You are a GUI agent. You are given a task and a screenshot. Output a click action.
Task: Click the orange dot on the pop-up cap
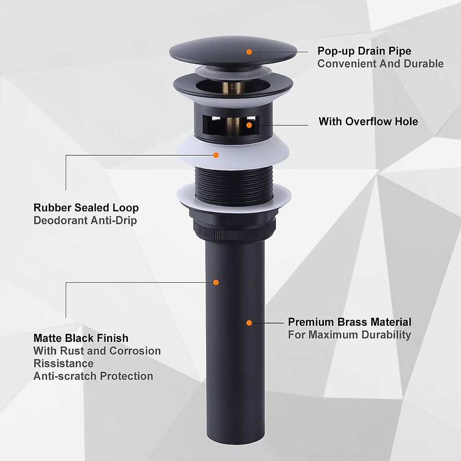coord(249,51)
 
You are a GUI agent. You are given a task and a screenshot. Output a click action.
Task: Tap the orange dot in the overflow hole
coord(249,125)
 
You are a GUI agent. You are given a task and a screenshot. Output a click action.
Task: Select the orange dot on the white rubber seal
coord(216,155)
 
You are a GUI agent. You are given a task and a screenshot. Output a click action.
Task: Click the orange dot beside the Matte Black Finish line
coord(216,282)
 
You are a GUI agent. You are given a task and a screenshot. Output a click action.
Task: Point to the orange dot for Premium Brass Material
coord(249,323)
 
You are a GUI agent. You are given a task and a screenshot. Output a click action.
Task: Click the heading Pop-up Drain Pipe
coord(364,51)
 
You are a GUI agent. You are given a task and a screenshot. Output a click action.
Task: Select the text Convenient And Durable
coord(380,64)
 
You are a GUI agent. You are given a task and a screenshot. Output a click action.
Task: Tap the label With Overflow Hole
coord(368,122)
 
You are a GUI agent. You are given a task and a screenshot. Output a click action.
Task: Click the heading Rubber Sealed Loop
coord(86,208)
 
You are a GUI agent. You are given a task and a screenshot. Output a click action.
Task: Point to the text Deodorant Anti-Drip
coord(85,221)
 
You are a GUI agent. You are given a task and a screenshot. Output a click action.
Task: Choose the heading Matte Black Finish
coord(81,338)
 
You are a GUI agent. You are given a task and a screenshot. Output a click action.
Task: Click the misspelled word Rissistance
coord(63,363)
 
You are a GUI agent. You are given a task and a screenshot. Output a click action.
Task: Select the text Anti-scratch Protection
coord(93,376)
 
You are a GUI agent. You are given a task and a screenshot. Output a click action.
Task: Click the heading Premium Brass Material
coord(349,322)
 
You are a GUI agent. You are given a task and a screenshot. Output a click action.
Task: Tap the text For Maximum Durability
coord(349,335)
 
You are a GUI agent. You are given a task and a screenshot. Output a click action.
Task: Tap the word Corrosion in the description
coord(135,351)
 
